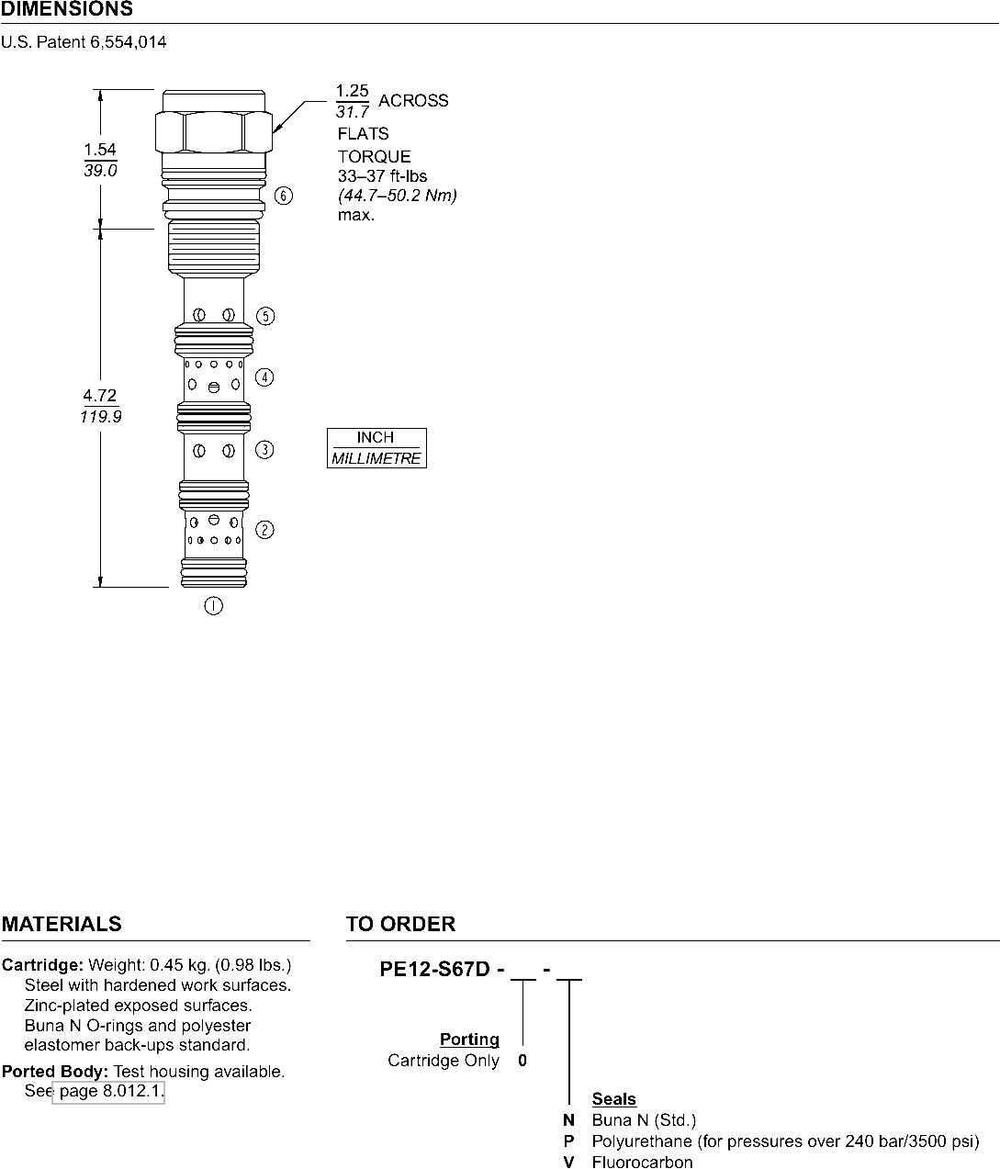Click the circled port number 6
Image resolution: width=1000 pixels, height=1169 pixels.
[284, 196]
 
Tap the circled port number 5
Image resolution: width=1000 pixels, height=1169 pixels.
[265, 316]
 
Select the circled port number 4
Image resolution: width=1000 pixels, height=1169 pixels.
[264, 377]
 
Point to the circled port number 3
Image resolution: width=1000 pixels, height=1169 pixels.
[264, 450]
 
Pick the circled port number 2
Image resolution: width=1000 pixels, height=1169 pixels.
[264, 530]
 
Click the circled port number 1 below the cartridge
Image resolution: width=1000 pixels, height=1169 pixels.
[213, 606]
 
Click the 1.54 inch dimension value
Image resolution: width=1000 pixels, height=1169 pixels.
[99, 150]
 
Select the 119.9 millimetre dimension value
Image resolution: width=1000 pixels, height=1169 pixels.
[101, 417]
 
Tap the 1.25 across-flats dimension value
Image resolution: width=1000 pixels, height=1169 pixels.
[352, 91]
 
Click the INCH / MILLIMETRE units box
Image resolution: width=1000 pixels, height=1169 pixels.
[376, 448]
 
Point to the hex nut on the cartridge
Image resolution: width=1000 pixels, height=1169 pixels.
[214, 131]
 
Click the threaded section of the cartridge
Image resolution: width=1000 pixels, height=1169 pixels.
[214, 246]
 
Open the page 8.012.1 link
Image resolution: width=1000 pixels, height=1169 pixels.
[108, 1091]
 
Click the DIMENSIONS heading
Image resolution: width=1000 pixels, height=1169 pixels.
[67, 9]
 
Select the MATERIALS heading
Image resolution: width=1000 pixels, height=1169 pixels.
[62, 924]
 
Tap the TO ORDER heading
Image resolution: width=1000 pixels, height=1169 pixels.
[400, 924]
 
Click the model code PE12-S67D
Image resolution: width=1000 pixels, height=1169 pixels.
[434, 970]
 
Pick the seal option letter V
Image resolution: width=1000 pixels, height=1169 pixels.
[568, 1162]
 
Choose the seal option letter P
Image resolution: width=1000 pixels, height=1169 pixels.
[568, 1141]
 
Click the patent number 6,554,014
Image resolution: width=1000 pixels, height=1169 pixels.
[129, 42]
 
